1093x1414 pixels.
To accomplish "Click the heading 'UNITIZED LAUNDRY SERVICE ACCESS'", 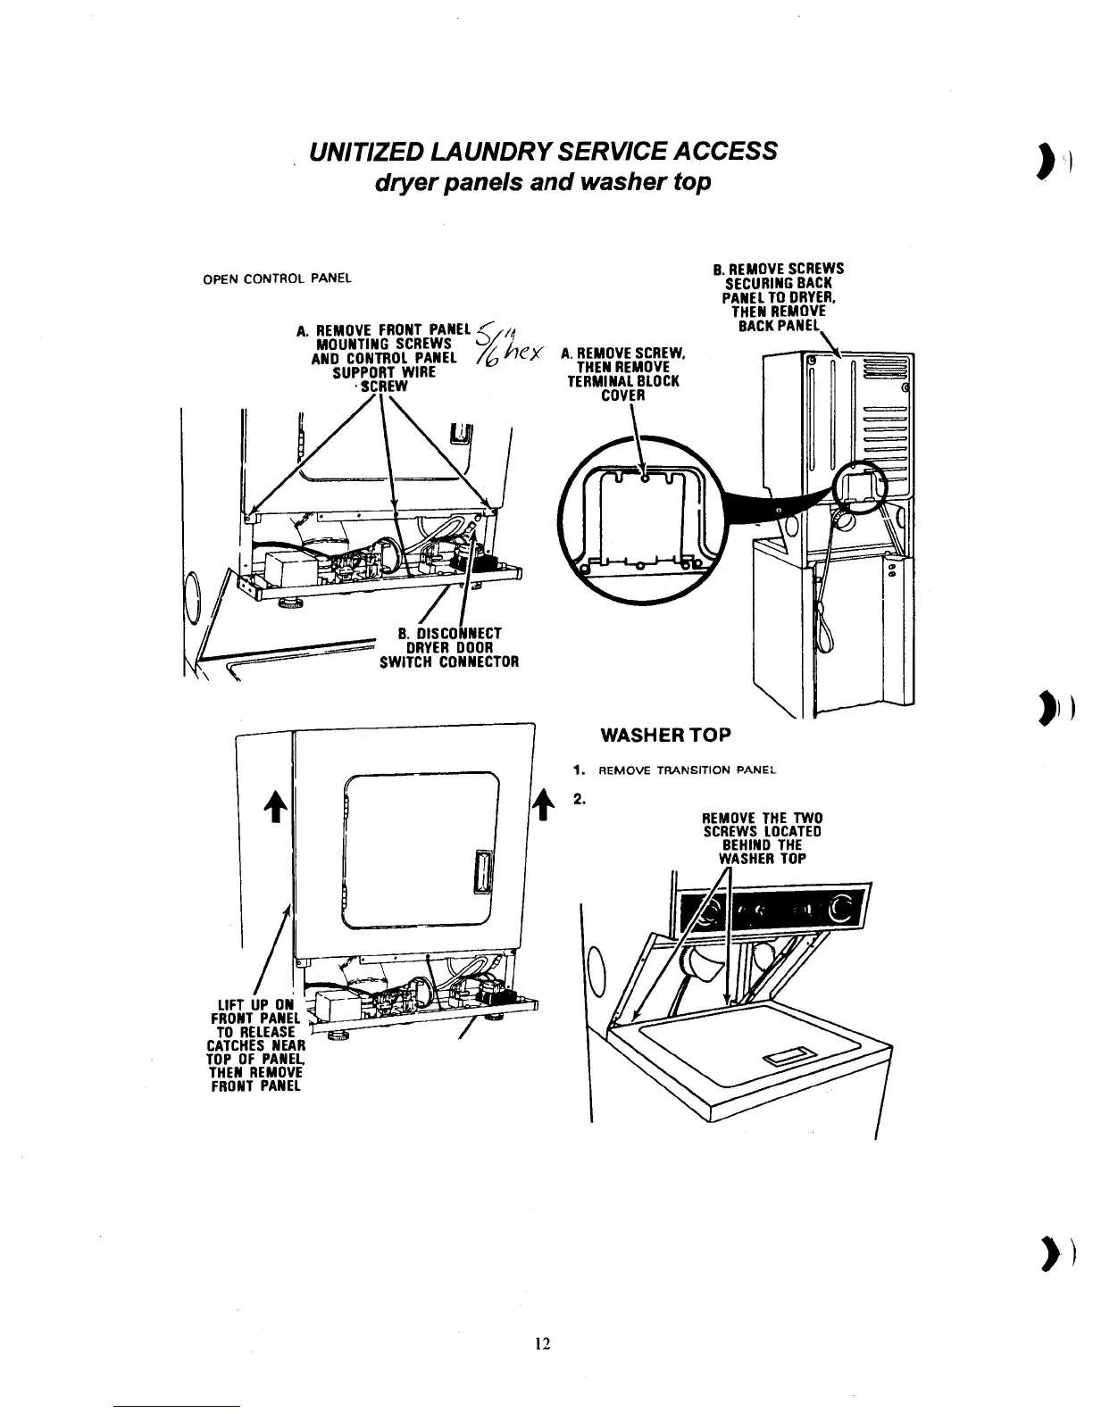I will (x=542, y=151).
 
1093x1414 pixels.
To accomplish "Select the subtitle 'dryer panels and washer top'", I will (x=542, y=181).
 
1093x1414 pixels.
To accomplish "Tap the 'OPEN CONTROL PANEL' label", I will (x=278, y=277).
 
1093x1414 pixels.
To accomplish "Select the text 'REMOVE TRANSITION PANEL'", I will (x=688, y=769).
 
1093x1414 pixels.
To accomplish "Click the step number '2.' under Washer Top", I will (x=579, y=799).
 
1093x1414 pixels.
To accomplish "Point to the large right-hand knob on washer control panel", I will (x=841, y=911).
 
